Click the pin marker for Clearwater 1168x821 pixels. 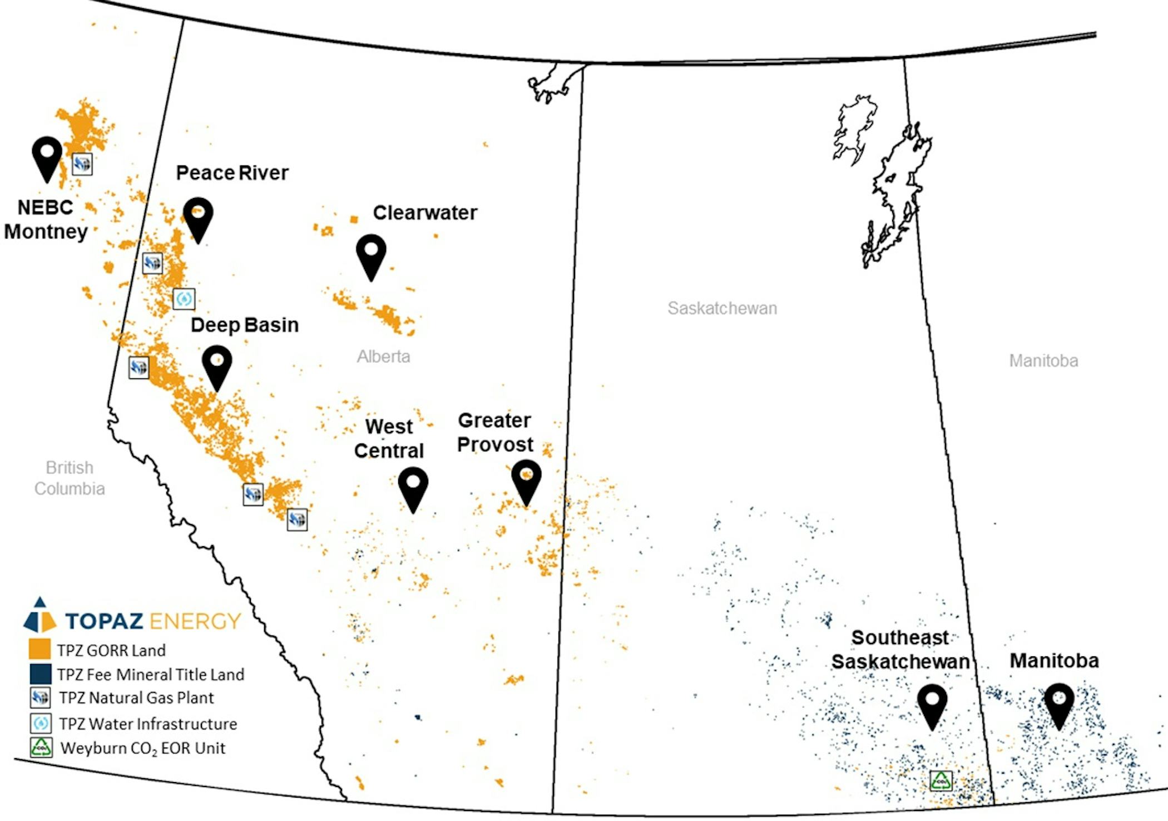[x=371, y=256]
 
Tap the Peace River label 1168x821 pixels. [x=232, y=173]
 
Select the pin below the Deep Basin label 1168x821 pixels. [x=217, y=367]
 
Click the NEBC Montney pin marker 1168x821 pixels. [x=47, y=158]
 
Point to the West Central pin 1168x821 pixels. [x=413, y=488]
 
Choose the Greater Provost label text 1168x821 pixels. [x=494, y=432]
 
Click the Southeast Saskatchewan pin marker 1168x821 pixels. [x=932, y=705]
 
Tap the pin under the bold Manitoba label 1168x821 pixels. [x=1059, y=705]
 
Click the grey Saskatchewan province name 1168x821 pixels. [x=722, y=308]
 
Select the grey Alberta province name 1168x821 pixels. [x=383, y=357]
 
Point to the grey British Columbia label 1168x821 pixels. [x=70, y=478]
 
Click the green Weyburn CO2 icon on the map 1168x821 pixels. [x=941, y=780]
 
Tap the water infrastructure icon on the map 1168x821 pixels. [x=184, y=299]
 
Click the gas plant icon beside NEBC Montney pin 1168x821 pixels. [x=82, y=164]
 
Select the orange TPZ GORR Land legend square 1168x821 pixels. [x=39, y=649]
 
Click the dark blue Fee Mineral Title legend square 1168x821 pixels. [x=39, y=674]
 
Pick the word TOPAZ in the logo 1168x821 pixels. [x=104, y=621]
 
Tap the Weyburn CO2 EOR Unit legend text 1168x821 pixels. [x=143, y=748]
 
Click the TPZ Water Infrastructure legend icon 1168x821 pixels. [x=41, y=723]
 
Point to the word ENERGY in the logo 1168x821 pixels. [x=195, y=621]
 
